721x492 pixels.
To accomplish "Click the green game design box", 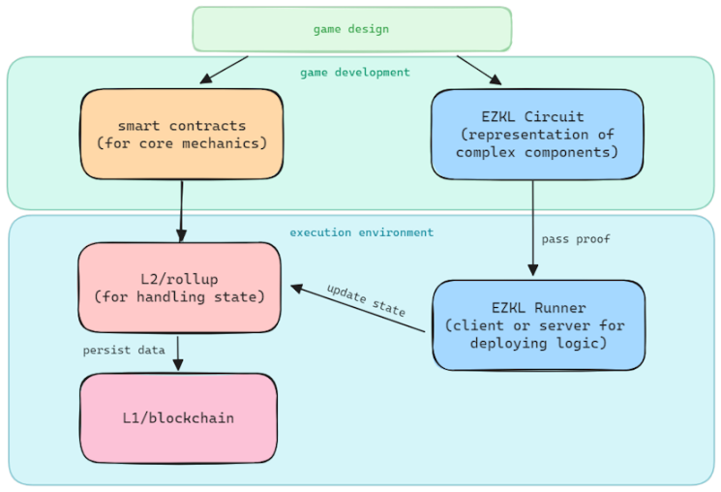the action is click(351, 29).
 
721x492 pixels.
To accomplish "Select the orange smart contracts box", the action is click(182, 134).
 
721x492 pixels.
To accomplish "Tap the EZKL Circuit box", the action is click(537, 134).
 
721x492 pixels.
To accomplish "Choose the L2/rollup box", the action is click(179, 288).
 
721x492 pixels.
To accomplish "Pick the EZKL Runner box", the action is click(538, 324).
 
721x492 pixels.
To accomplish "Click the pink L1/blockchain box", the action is click(178, 417).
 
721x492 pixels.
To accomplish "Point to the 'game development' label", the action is click(355, 73).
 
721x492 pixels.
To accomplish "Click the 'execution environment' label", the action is click(361, 232).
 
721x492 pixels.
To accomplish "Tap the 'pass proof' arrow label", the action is click(576, 239).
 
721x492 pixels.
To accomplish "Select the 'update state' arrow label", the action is click(366, 300).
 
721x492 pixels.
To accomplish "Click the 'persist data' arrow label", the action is click(124, 351).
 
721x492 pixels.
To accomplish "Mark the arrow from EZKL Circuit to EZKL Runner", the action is click(533, 229).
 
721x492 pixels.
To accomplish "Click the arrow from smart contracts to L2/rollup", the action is click(182, 211).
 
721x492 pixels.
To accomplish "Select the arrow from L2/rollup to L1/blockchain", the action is click(177, 354).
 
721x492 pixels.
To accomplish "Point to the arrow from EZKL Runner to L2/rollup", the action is click(358, 308).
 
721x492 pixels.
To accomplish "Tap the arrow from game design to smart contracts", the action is click(224, 70).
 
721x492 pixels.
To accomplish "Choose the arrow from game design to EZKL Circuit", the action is click(479, 71).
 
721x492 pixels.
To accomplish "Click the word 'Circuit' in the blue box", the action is click(555, 116).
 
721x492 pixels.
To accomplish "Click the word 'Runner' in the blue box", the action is click(559, 307).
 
